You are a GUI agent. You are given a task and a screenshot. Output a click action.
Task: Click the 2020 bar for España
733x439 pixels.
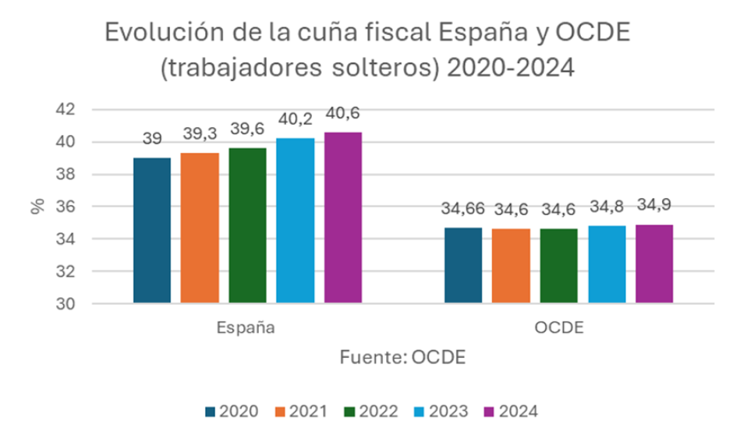(x=152, y=230)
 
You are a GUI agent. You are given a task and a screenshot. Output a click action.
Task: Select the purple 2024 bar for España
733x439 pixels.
(x=343, y=218)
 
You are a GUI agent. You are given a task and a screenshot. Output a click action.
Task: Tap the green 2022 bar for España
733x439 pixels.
(x=247, y=225)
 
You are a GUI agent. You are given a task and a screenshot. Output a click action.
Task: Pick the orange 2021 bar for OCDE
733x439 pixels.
(x=511, y=265)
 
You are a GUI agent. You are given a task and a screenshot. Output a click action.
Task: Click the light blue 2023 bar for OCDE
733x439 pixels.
(x=607, y=264)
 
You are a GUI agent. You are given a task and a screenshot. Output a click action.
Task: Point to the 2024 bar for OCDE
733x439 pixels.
(x=654, y=264)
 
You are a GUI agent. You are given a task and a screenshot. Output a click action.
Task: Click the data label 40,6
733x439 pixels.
(x=343, y=114)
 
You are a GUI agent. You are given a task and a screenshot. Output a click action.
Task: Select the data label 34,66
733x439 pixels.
(x=462, y=210)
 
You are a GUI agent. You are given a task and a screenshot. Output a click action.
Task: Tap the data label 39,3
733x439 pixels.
(x=200, y=135)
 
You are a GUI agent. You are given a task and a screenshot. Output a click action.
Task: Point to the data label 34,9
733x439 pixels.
(x=654, y=204)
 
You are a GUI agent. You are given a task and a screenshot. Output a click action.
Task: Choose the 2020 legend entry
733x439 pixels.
(x=230, y=411)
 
